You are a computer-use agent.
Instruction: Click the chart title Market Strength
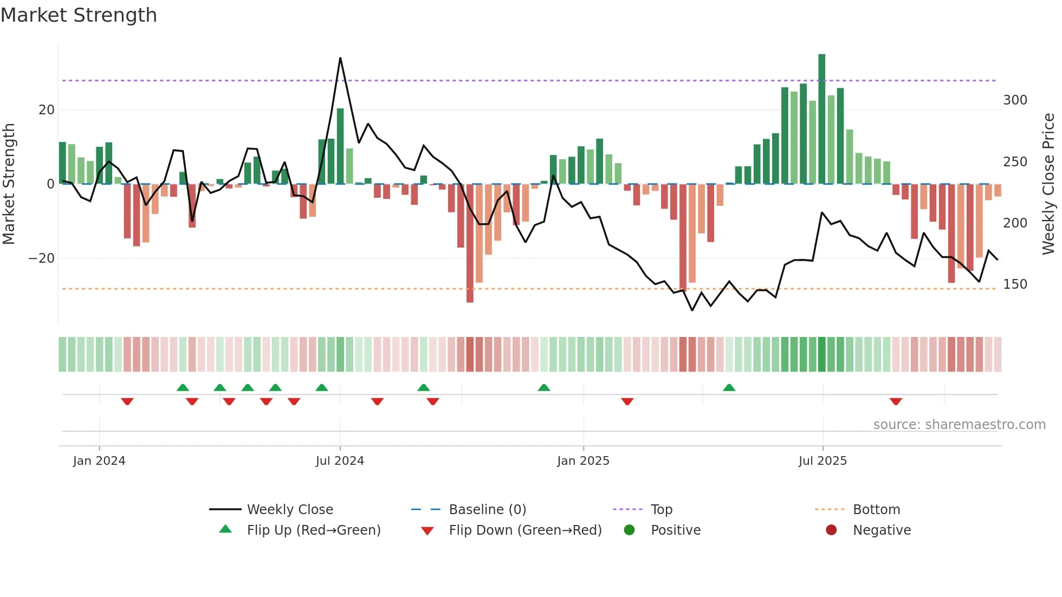(x=79, y=15)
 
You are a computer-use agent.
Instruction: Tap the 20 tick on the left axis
(x=47, y=110)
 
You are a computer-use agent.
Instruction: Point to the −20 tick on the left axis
(x=42, y=258)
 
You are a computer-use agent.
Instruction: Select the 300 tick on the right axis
(x=1015, y=100)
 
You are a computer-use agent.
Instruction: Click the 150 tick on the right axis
(x=1015, y=284)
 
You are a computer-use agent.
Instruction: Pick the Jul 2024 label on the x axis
(x=340, y=461)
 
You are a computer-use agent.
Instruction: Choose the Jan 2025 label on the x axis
(x=583, y=461)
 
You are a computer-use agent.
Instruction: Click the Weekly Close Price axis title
(x=1049, y=184)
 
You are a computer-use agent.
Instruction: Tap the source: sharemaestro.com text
(x=959, y=425)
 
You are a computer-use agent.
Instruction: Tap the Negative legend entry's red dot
(x=831, y=530)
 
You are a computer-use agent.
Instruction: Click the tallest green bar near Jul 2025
(x=822, y=119)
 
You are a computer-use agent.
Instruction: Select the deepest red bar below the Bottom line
(x=470, y=244)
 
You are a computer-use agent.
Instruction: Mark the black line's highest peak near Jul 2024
(x=340, y=58)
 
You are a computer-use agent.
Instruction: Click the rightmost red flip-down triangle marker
(x=896, y=401)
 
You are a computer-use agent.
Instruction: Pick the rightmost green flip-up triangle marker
(x=729, y=387)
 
